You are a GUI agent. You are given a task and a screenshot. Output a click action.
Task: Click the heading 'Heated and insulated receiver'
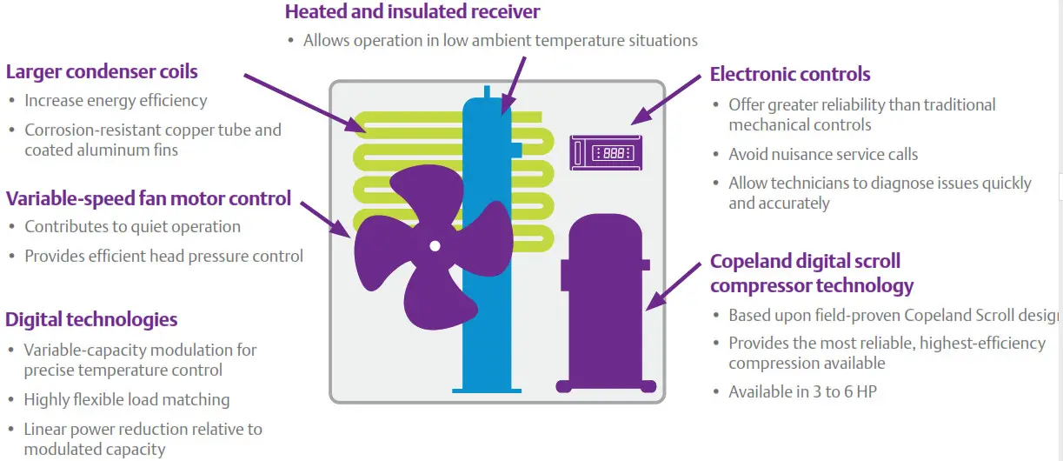pyautogui.click(x=413, y=12)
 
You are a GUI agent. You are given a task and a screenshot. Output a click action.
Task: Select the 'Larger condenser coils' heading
pyautogui.click(x=102, y=71)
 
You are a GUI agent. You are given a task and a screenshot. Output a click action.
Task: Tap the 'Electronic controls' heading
pyautogui.click(x=790, y=74)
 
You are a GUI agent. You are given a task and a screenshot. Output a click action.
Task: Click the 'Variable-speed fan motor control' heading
pyautogui.click(x=149, y=198)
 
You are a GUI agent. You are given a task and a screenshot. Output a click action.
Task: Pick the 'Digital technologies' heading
pyautogui.click(x=91, y=319)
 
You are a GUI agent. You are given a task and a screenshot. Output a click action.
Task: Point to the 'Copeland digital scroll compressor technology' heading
pyautogui.click(x=812, y=273)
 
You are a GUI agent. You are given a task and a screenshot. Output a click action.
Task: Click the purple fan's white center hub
pyautogui.click(x=435, y=246)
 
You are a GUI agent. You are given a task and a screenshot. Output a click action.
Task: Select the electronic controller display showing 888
pyautogui.click(x=606, y=152)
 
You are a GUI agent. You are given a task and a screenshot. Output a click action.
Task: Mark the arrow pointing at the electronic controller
pyautogui.click(x=665, y=98)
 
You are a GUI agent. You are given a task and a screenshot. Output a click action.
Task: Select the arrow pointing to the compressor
pyautogui.click(x=678, y=283)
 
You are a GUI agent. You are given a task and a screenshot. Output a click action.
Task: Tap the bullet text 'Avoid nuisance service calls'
pyautogui.click(x=823, y=155)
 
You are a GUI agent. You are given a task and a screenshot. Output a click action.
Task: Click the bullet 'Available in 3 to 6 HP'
pyautogui.click(x=802, y=391)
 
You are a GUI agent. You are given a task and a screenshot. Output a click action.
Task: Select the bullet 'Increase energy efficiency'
pyautogui.click(x=116, y=101)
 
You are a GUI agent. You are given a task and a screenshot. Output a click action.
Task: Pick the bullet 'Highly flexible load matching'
pyautogui.click(x=127, y=400)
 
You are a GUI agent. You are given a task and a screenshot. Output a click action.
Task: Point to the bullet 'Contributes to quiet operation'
pyautogui.click(x=132, y=227)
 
